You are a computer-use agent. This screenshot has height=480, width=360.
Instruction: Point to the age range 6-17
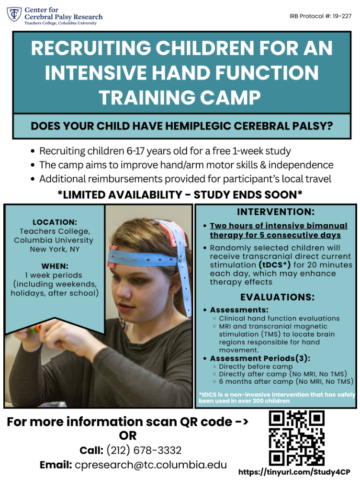pyautogui.click(x=136, y=151)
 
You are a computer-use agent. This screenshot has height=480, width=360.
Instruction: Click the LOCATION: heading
pyautogui.click(x=55, y=222)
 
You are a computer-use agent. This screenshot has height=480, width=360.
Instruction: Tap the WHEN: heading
pyautogui.click(x=55, y=266)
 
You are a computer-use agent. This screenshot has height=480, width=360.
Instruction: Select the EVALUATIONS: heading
pyautogui.click(x=277, y=297)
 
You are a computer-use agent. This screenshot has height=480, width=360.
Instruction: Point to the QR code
pyautogui.click(x=297, y=438)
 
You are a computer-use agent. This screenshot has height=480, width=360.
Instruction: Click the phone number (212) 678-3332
pyautogui.click(x=144, y=450)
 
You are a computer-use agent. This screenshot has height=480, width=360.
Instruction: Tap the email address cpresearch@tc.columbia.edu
pyautogui.click(x=151, y=465)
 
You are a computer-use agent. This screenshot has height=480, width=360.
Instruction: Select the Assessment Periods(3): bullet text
pyautogui.click(x=260, y=358)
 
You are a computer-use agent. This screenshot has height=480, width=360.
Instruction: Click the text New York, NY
pyautogui.click(x=55, y=249)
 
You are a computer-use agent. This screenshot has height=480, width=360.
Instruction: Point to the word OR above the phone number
pyautogui.click(x=128, y=435)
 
